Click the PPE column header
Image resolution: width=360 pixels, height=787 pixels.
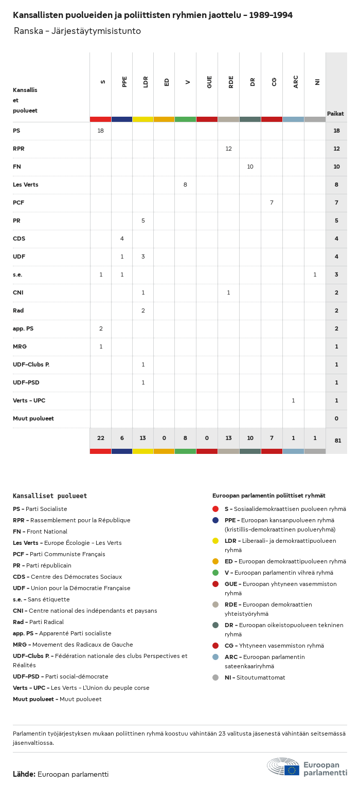click(124, 82)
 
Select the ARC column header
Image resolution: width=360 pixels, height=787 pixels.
click(296, 82)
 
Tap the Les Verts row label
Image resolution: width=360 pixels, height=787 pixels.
click(26, 185)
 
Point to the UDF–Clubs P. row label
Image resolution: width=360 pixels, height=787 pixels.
click(31, 364)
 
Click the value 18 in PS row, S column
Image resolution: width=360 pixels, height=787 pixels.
click(101, 131)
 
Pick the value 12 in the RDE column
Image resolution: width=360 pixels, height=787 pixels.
click(228, 149)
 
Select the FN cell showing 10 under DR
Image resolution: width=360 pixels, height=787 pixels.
click(250, 167)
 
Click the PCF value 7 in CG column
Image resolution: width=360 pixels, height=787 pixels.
click(272, 203)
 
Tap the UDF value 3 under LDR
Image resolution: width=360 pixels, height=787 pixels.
click(143, 257)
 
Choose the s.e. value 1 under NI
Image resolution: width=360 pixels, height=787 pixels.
click(315, 274)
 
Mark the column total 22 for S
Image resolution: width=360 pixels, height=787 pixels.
click(101, 438)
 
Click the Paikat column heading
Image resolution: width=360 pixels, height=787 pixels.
click(335, 114)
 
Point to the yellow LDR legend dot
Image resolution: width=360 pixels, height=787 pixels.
click(215, 541)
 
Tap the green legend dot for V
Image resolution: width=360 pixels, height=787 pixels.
click(215, 573)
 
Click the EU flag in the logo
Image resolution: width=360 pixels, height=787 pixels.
click(292, 770)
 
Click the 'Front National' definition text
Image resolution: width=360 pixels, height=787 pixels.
click(47, 532)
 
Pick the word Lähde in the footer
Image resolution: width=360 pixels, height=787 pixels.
click(24, 774)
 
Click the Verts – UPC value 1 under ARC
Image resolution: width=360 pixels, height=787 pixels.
click(293, 400)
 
